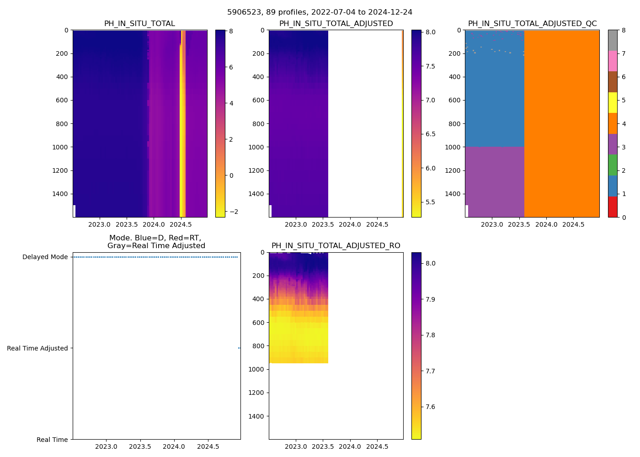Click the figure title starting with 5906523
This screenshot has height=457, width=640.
pyautogui.click(x=320, y=12)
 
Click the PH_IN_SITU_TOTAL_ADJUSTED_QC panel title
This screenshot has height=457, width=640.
pyautogui.click(x=532, y=24)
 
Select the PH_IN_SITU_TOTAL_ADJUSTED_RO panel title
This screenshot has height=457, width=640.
pyautogui.click(x=336, y=246)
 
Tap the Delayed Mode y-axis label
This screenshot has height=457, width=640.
pyautogui.click(x=45, y=257)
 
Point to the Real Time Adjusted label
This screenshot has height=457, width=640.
pyautogui.click(x=37, y=348)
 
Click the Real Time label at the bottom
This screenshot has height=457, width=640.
pyautogui.click(x=52, y=440)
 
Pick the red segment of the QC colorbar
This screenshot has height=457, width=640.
pyautogui.click(x=613, y=207)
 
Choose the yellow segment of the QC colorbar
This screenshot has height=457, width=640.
pyautogui.click(x=613, y=102)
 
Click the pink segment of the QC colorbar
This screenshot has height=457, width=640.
pyautogui.click(x=613, y=61)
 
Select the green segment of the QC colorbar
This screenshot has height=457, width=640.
pyautogui.click(x=613, y=165)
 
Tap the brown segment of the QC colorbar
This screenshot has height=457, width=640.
pyautogui.click(x=613, y=82)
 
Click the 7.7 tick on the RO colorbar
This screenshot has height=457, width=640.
pyautogui.click(x=430, y=371)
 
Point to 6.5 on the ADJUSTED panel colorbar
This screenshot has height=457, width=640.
pyautogui.click(x=430, y=134)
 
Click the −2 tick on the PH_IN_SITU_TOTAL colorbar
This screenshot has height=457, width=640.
pyautogui.click(x=231, y=212)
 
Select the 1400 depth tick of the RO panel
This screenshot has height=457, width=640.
pyautogui.click(x=258, y=416)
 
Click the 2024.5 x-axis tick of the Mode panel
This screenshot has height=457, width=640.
pyautogui.click(x=208, y=446)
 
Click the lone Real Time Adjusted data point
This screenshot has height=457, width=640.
pyautogui.click(x=239, y=348)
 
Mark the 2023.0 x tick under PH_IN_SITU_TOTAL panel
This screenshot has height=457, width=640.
pyautogui.click(x=99, y=224)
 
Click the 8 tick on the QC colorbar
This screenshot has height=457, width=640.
pyautogui.click(x=624, y=30)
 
